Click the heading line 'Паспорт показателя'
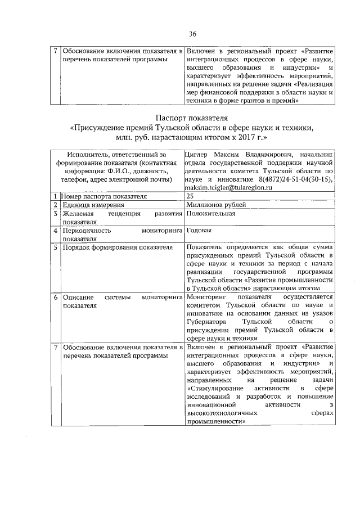pos(192,118)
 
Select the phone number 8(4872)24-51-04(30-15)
pos(293,179)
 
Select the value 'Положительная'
pos(210,214)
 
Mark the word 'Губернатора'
pos(206,322)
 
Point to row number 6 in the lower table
pos(56,297)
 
